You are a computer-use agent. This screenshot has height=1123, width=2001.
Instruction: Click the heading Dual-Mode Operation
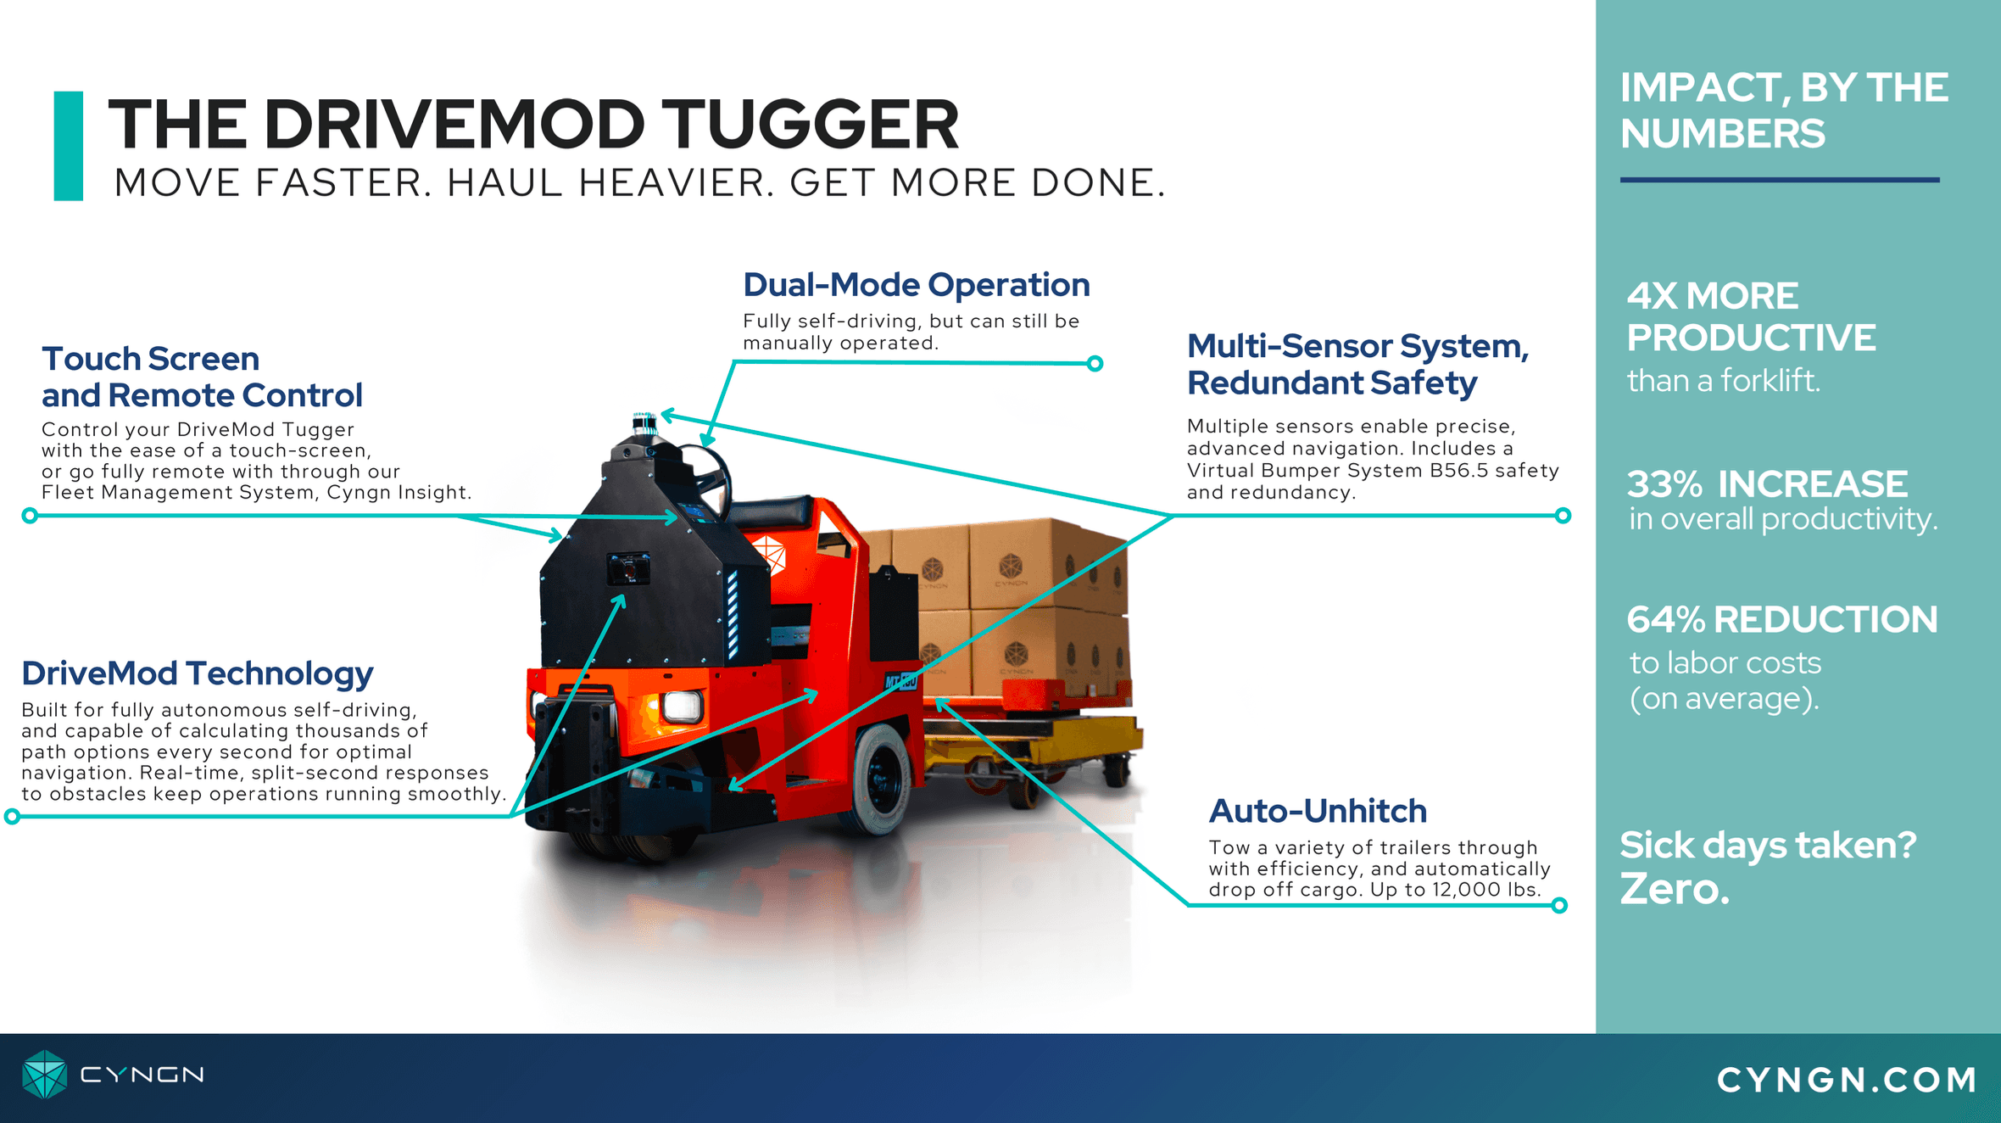916,285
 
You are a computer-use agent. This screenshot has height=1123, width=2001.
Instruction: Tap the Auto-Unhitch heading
1318,812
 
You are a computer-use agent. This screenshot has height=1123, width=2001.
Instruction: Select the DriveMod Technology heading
197,674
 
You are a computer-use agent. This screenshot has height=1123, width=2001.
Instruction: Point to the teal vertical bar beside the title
69,146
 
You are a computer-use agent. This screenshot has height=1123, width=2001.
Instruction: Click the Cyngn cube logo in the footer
44,1075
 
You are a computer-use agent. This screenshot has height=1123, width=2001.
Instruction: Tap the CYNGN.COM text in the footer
1847,1080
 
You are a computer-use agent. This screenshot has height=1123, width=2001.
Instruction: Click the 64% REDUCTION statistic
1782,620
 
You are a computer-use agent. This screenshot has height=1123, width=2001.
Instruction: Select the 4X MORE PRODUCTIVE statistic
1751,316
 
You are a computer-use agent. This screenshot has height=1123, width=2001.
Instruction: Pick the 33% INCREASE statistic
1767,484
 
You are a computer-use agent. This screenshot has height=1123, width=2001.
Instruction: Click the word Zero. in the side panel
1674,889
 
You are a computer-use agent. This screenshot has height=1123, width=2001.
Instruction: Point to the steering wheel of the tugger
709,475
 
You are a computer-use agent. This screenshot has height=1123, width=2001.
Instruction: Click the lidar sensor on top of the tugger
644,423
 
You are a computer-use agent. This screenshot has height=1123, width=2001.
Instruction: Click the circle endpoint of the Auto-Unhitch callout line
1559,906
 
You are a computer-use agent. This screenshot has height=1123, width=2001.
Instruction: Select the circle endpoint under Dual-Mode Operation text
1095,364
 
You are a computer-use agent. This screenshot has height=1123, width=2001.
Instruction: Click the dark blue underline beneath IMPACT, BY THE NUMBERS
1780,180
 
